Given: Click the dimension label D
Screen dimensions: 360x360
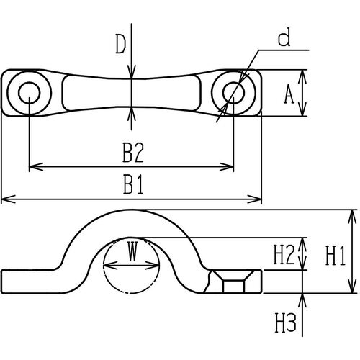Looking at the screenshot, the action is tap(121, 44).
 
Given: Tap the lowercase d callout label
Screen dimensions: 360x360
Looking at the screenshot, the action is tap(284, 37).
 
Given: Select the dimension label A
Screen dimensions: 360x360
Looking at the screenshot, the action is tap(289, 94).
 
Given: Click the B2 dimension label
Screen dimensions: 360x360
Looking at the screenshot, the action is tap(133, 153).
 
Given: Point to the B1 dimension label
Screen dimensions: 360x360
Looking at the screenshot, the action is tap(133, 184).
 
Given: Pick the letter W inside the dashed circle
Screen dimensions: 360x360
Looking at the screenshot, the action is tap(132, 251).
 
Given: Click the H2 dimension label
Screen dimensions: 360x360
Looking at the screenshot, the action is tap(284, 255).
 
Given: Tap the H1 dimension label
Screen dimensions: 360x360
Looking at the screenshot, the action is tap(336, 256).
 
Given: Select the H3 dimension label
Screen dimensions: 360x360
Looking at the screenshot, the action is tap(285, 323).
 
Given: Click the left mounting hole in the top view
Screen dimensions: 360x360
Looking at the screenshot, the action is tap(30, 93).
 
